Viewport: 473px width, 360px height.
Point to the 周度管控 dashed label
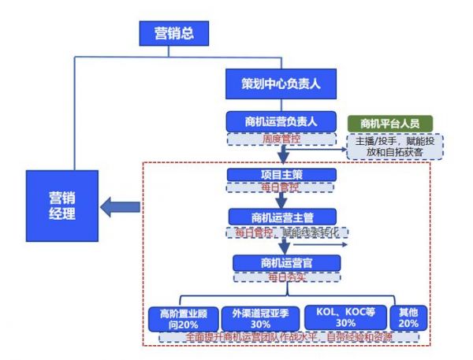(282, 138)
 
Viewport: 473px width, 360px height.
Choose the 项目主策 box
(282, 174)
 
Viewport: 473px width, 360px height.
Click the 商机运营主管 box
(282, 216)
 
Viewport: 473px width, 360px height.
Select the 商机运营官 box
(285, 262)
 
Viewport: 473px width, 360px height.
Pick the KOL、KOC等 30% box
(345, 317)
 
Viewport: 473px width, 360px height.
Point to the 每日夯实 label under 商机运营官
(285, 277)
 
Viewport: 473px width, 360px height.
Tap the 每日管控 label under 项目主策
(282, 187)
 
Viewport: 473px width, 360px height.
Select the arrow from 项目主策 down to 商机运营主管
(282, 200)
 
